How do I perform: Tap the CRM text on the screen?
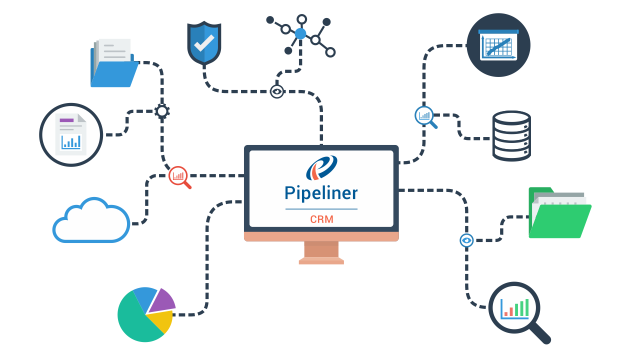click(x=321, y=219)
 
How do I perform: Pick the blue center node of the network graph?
click(x=300, y=34)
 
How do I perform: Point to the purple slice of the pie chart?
click(x=161, y=299)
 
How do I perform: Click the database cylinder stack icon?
click(x=511, y=136)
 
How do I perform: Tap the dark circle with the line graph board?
click(x=498, y=45)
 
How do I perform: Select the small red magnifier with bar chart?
click(x=178, y=176)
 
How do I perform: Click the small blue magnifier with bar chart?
click(x=425, y=116)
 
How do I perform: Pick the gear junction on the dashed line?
click(x=162, y=111)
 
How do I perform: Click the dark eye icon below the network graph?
click(x=276, y=91)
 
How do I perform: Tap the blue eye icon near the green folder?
click(x=466, y=240)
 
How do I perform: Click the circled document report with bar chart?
click(x=71, y=134)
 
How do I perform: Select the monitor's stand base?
click(x=321, y=260)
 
